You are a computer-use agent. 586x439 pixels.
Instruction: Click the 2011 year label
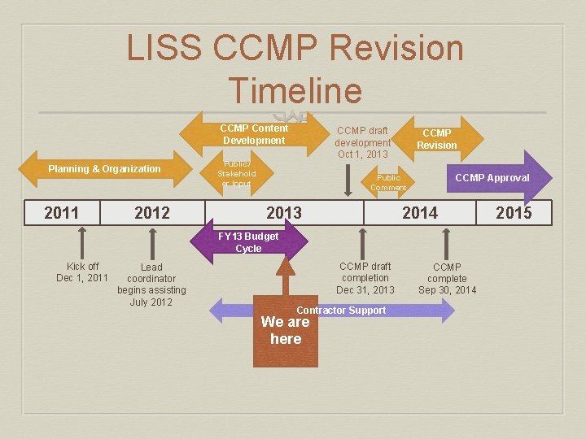62,213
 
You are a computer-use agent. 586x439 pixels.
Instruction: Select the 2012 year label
152,213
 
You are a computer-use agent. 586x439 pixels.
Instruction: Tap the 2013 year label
284,213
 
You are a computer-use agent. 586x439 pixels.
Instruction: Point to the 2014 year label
420,213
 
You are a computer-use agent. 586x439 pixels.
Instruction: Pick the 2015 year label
514,213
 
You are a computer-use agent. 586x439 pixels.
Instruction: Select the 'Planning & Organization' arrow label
104,169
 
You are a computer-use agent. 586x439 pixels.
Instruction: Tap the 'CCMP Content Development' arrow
254,134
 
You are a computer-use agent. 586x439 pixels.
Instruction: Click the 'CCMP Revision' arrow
437,139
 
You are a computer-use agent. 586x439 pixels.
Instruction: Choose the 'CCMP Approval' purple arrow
492,178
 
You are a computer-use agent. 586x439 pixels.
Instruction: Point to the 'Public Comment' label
388,182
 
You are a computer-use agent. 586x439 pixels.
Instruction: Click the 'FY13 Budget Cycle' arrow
248,242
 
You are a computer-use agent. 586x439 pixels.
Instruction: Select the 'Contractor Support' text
341,311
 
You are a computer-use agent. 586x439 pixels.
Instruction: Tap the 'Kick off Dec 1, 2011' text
82,272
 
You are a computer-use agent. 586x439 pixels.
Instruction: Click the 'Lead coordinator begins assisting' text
151,285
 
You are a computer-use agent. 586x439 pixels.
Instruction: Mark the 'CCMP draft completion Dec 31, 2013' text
365,278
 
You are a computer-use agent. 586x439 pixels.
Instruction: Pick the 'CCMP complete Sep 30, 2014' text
447,279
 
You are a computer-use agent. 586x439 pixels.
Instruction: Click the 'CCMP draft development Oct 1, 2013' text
363,142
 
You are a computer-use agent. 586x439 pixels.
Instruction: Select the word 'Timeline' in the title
295,89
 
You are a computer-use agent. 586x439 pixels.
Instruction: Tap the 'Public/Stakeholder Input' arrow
237,173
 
